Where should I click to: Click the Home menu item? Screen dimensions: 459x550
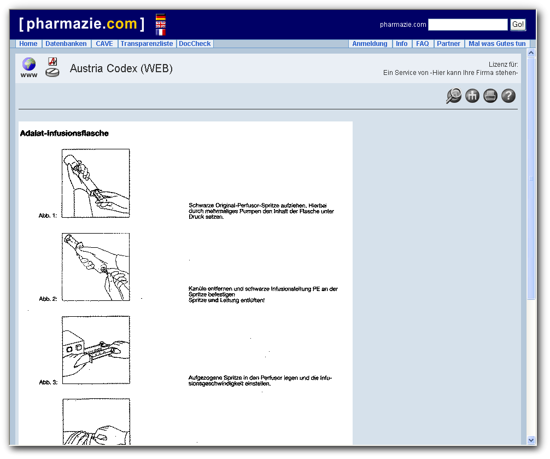pos(28,44)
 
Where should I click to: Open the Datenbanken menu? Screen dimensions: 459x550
pos(66,44)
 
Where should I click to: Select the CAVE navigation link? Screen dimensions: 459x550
pos(104,44)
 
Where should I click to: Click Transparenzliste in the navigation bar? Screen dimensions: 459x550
pos(147,44)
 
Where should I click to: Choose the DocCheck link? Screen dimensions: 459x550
pos(195,44)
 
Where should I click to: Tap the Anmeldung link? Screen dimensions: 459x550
pos(370,44)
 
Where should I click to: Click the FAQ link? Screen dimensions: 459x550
pos(422,44)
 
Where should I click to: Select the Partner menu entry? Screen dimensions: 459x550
pos(448,44)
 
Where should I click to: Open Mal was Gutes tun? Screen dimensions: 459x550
pos(497,44)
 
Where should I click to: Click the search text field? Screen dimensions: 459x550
pos(467,25)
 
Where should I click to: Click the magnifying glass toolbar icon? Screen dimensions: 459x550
pos(454,96)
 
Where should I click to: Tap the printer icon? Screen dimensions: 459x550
pos(490,96)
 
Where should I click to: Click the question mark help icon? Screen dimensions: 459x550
pos(508,96)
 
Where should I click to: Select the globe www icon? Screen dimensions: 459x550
pos(29,67)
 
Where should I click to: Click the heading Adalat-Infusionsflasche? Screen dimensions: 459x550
pos(65,133)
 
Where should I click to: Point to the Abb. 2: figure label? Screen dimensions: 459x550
pos(48,299)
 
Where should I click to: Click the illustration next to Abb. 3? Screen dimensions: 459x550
pos(96,350)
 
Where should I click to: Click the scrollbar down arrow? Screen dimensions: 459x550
pos(531,440)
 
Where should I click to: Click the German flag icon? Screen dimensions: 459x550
pos(161,18)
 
